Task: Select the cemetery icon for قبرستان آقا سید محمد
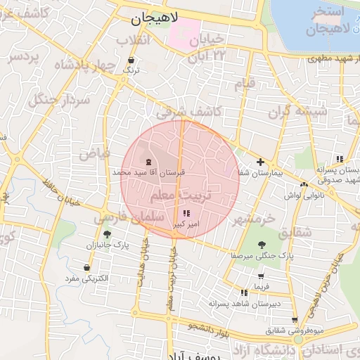tap(148, 162)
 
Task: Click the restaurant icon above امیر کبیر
tap(186, 213)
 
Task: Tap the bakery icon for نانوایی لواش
tap(304, 184)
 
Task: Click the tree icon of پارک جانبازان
tap(107, 235)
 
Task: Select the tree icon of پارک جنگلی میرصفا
tap(262, 245)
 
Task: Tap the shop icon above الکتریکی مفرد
tap(86, 268)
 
